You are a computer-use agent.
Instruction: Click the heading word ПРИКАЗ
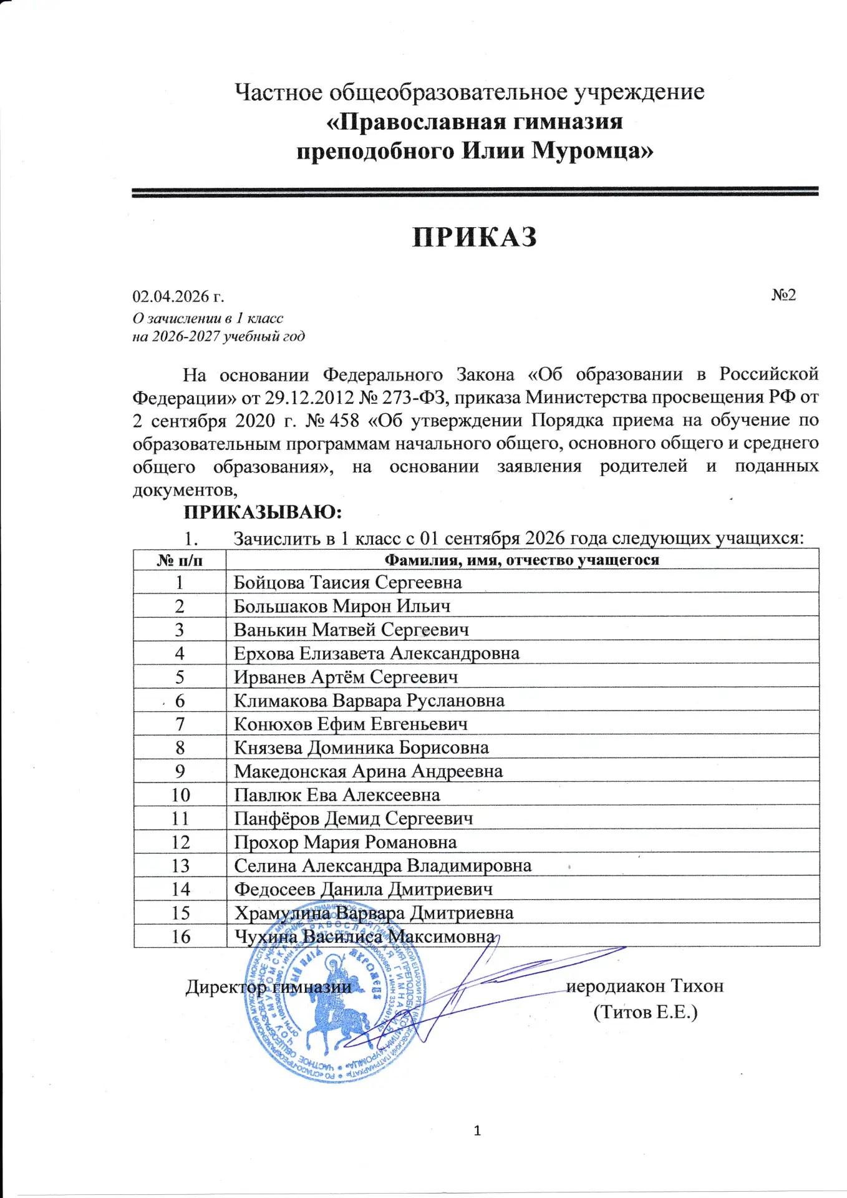coord(475,238)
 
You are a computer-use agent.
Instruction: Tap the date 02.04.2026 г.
coord(178,296)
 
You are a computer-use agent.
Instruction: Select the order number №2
coord(783,295)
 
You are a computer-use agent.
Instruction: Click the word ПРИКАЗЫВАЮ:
coord(263,512)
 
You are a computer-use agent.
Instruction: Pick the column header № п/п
coord(180,560)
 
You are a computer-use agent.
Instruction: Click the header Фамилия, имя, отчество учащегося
coord(521,560)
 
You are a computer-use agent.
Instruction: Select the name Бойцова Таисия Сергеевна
coord(347,583)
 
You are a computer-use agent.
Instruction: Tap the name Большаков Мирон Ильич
coord(342,606)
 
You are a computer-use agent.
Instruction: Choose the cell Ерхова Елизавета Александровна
coord(376,653)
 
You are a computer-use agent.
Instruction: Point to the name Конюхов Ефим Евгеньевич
coord(351,724)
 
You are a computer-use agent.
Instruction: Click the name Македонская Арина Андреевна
coord(368,772)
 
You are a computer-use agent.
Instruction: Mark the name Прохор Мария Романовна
coord(345,842)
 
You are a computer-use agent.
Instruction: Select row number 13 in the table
coord(180,866)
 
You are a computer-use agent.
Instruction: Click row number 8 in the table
coord(180,748)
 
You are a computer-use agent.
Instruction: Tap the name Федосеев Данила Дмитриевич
coord(363,890)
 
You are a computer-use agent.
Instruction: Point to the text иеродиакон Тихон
coord(644,986)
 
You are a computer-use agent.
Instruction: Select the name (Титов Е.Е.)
coord(645,1011)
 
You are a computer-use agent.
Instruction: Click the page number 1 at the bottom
coord(477,1131)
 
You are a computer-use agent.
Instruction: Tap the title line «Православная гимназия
coord(475,121)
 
